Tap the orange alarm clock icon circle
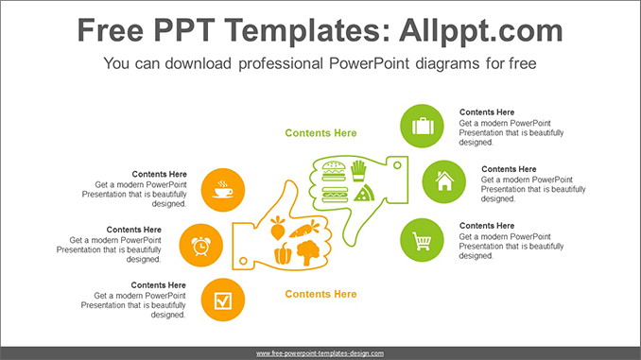pyautogui.click(x=200, y=246)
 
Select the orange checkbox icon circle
pyautogui.click(x=222, y=300)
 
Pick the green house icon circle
pyautogui.click(x=443, y=181)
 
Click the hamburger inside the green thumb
pyautogui.click(x=332, y=171)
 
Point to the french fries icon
pyautogui.click(x=358, y=170)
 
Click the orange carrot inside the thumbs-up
pyautogui.click(x=305, y=229)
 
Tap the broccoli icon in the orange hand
pyautogui.click(x=306, y=251)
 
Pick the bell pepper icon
pyautogui.click(x=282, y=252)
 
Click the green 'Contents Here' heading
pyautogui.click(x=320, y=133)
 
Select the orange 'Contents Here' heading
pyautogui.click(x=320, y=294)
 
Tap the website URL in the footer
pyautogui.click(x=320, y=353)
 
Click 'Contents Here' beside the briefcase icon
pyautogui.click(x=487, y=112)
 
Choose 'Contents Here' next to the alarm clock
pyautogui.click(x=133, y=230)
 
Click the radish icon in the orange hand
pyautogui.click(x=277, y=229)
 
